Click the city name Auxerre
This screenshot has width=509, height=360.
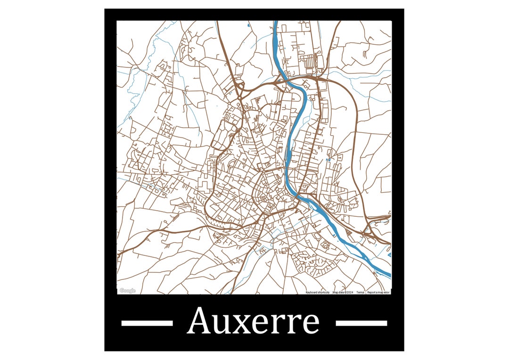point(254,321)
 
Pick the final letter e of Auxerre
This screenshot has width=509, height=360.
point(311,324)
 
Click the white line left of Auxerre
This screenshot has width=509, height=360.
point(147,323)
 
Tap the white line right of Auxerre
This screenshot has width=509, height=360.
point(361,323)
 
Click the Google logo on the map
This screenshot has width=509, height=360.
point(127,291)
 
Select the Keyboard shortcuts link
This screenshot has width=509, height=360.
point(317,293)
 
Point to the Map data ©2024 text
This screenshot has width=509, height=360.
point(343,293)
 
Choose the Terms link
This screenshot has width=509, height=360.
point(360,293)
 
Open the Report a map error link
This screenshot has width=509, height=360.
point(378,293)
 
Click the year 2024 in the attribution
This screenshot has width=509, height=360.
point(349,293)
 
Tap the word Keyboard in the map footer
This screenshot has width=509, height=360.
point(312,293)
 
